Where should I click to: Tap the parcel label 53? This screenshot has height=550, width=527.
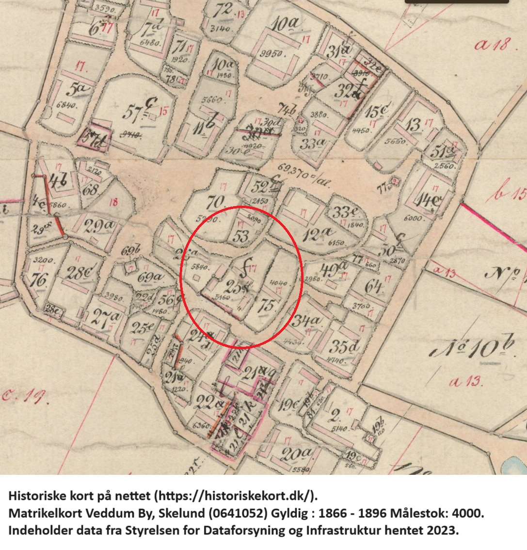click(x=240, y=236)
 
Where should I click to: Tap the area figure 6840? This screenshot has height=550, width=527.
click(x=66, y=106)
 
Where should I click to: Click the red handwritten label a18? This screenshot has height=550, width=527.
click(x=492, y=45)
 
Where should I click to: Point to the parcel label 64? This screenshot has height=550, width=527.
click(x=375, y=286)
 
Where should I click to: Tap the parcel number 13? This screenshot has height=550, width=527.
click(x=413, y=124)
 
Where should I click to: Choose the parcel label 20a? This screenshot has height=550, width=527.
click(x=297, y=454)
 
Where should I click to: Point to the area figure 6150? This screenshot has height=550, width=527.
click(x=336, y=243)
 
